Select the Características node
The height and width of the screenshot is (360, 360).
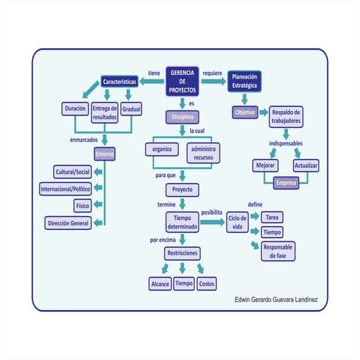coord(119,82)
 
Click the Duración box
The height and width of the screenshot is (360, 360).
coord(75,109)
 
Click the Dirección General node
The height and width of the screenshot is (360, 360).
coord(68,223)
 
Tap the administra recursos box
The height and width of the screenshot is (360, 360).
coord(204,152)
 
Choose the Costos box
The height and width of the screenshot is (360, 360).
coord(212,283)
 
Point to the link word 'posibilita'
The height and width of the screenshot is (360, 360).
coord(211,210)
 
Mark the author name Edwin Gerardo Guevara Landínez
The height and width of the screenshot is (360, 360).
coord(278,300)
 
